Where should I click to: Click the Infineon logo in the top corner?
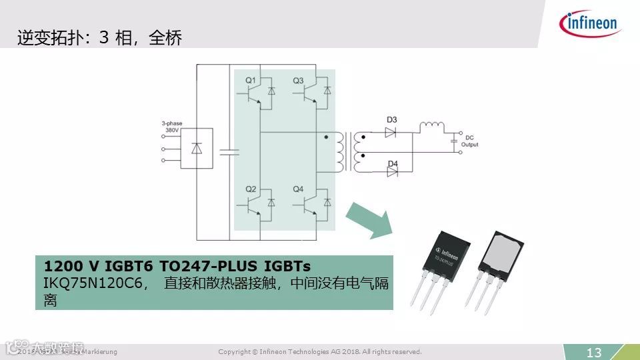pos(591,25)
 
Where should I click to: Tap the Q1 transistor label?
pos(251,81)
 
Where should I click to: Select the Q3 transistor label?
pos(298,81)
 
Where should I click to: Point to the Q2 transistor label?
pos(251,190)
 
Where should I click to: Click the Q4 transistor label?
pos(298,190)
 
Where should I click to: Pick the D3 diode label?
pos(392,120)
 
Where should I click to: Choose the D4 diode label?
pos(392,163)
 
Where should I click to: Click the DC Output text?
pos(469,141)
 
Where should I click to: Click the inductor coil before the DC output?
pos(431,126)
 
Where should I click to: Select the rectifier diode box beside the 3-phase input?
pos(197,149)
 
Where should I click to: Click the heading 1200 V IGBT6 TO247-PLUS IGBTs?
pos(177,265)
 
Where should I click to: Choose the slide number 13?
pos(593,352)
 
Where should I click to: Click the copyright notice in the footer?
pos(320,351)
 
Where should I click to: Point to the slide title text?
pos(99,38)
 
